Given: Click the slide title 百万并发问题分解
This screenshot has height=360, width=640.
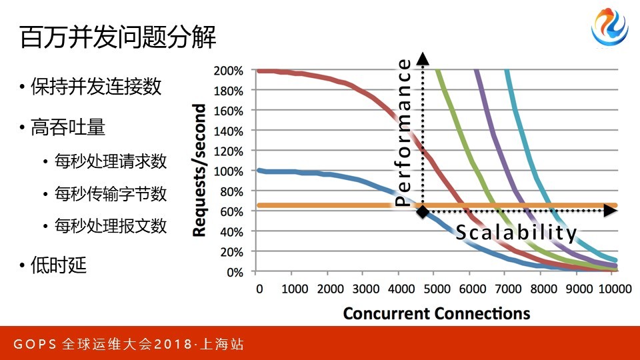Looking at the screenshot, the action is tap(117, 37).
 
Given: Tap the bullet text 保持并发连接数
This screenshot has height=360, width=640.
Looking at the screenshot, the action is tap(96, 87).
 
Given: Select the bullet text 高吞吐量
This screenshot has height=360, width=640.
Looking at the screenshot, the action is tap(68, 127).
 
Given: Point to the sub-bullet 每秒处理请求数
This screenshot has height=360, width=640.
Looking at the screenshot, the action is tap(111, 161).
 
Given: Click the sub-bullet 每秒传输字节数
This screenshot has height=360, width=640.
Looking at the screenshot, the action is tap(111, 193).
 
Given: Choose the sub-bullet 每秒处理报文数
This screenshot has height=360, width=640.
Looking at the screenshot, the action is tap(111, 226).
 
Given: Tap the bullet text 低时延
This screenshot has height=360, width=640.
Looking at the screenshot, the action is tap(59, 265).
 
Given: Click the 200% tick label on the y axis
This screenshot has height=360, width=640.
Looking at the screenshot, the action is tap(228, 71).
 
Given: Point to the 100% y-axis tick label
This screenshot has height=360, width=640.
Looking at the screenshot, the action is tap(228, 171).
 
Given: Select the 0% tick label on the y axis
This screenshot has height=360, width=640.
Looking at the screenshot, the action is tap(235, 272).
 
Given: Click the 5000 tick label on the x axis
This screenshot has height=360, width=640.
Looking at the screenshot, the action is tap(437, 289).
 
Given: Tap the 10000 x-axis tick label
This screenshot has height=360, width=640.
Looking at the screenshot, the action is tap(615, 289).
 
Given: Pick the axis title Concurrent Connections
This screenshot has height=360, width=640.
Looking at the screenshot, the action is tap(436, 313).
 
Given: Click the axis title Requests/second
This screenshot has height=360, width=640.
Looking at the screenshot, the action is tap(199, 170).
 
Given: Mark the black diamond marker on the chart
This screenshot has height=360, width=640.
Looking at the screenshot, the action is tap(423, 211).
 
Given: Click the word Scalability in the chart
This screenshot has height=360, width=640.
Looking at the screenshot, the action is tap(516, 233).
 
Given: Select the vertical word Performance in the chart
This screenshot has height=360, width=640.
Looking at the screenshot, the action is tap(404, 132).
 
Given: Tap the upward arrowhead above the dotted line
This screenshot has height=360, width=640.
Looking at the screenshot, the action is tap(423, 59).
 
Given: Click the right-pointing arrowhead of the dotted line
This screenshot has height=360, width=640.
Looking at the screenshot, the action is tap(610, 211).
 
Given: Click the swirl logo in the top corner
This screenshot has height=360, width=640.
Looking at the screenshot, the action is tap(610, 27).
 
